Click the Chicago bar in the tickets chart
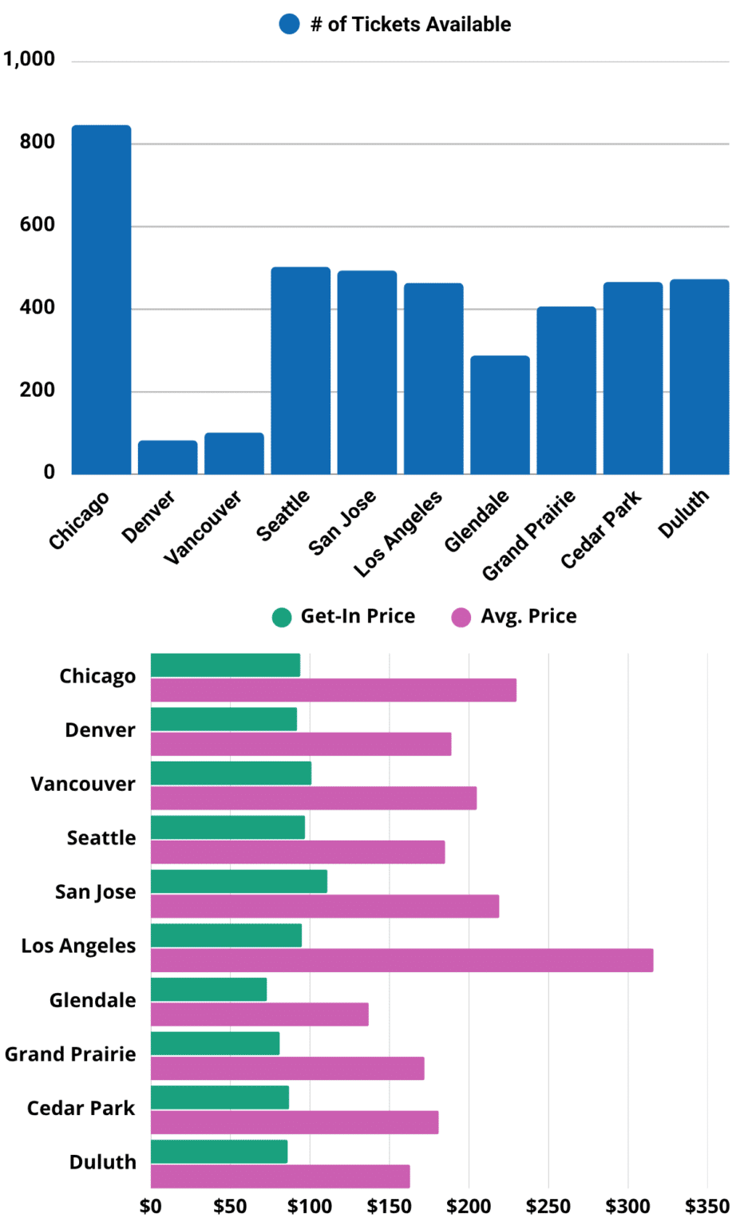[101, 299]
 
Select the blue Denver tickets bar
[168, 457]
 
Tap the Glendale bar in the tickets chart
[500, 415]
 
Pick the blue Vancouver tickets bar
[234, 453]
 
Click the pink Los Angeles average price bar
[402, 960]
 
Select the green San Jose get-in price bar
[239, 881]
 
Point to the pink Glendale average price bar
[259, 1014]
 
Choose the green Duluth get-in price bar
[219, 1152]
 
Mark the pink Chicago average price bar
[334, 690]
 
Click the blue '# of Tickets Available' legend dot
[289, 25]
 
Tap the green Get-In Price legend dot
[282, 617]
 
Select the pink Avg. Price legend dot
[461, 617]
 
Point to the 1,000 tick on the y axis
[30, 59]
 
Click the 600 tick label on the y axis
[38, 225]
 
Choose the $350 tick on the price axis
[707, 1206]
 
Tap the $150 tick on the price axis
[390, 1206]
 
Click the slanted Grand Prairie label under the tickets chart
[528, 536]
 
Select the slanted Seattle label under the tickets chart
[283, 516]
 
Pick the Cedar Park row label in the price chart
[81, 1109]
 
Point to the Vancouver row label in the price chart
[83, 785]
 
